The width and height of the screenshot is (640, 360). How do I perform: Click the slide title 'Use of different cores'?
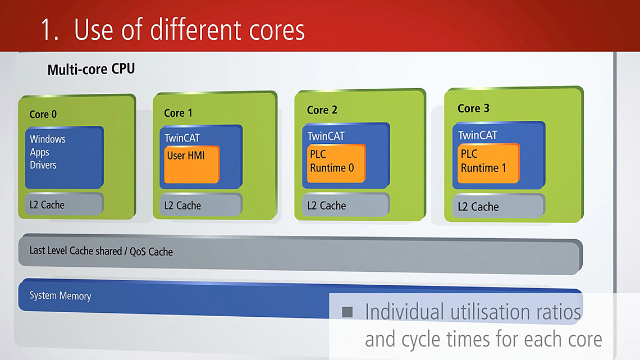coord(189,30)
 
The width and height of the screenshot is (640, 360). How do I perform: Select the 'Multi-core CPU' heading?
coord(91,70)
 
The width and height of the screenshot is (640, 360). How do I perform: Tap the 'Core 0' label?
coord(43,114)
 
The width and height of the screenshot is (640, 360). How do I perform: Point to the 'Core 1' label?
coord(178,113)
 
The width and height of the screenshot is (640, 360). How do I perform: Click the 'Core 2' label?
coord(322,110)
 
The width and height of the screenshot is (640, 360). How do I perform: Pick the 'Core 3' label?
coord(473,108)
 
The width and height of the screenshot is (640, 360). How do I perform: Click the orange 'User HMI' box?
coord(191,164)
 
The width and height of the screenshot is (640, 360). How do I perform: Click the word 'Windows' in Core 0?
coord(48,139)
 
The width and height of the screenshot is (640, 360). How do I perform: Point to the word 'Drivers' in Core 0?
coord(43,165)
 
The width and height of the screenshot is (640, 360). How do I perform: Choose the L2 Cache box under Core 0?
coord(63,204)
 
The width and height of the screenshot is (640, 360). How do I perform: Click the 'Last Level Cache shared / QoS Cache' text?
coord(101,251)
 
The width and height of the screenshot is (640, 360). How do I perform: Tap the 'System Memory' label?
coord(60,296)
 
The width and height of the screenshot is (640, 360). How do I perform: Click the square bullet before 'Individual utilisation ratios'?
coord(348,312)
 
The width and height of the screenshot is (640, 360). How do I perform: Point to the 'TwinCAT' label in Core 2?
coord(326,136)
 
